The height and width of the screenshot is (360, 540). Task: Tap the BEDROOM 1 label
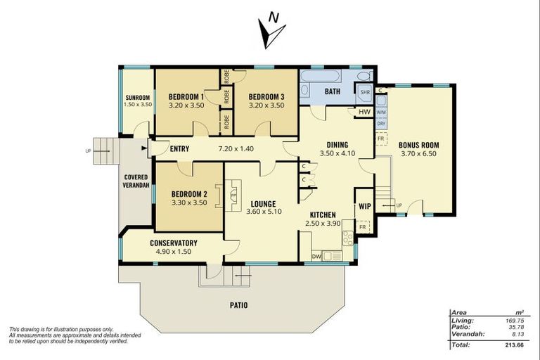186,97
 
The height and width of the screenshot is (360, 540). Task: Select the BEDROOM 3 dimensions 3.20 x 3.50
266,106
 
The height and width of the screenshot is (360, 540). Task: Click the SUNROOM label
136,98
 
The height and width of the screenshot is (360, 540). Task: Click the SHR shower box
365,92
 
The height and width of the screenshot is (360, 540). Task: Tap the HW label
364,112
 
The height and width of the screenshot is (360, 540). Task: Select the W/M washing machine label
380,112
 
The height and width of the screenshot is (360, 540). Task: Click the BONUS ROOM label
419,146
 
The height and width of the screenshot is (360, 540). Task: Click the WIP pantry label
364,207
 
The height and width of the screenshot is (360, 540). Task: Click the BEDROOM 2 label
188,194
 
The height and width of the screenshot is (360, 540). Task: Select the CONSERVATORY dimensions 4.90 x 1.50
173,252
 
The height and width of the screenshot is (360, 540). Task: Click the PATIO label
238,305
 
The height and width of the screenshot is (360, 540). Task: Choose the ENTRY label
180,148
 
